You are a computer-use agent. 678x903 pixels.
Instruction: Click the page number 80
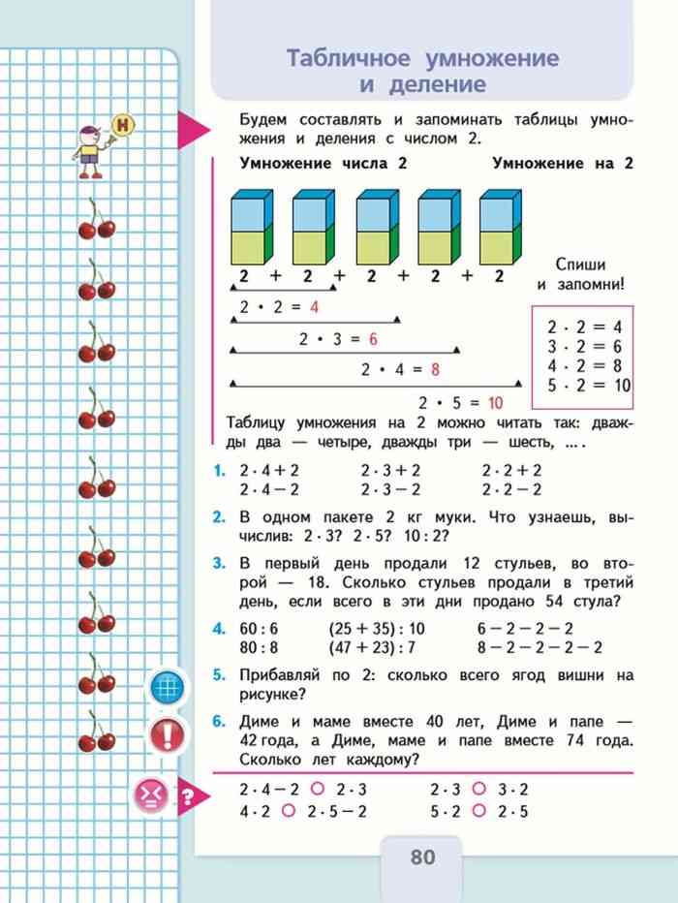point(423,857)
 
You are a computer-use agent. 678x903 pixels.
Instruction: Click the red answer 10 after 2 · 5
point(495,402)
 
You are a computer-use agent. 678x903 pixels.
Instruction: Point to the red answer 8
point(435,369)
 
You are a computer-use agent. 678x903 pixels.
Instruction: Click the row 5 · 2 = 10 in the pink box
point(588,385)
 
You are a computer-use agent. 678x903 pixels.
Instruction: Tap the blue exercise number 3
point(220,564)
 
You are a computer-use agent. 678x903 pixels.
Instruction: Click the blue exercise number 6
point(220,722)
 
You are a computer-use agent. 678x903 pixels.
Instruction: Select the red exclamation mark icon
point(169,734)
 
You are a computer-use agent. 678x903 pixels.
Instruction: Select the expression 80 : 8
point(259,648)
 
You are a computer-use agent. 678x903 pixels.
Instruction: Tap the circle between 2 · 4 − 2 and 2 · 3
point(316,789)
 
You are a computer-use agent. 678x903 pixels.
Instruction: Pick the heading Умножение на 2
point(562,164)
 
